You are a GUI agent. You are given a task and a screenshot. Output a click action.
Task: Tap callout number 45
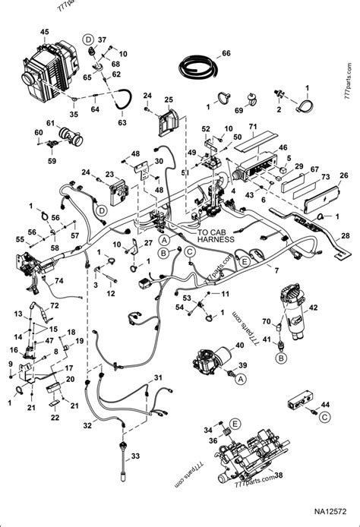(44, 31)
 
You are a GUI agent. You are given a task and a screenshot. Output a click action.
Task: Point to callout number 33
(135, 456)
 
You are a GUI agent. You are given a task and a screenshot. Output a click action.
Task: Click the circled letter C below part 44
(325, 417)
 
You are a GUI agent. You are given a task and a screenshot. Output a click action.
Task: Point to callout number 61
(49, 124)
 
